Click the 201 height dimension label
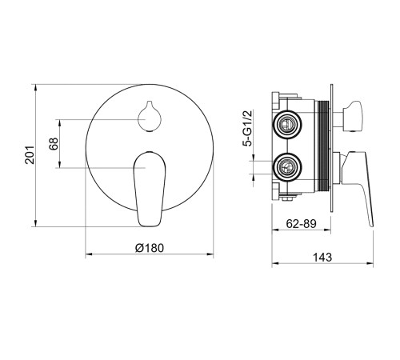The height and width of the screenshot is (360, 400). click(x=30, y=155)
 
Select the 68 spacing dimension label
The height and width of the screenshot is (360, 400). click(x=54, y=144)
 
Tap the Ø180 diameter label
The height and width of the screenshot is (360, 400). click(x=150, y=248)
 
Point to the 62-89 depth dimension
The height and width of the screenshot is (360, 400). click(x=301, y=223)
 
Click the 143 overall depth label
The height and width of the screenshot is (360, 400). click(x=322, y=258)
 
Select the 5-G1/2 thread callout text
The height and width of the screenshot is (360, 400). click(x=247, y=128)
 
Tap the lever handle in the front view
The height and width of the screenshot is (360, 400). click(x=150, y=189)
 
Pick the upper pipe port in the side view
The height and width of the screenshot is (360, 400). click(x=287, y=124)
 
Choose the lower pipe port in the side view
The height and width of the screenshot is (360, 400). click(x=287, y=167)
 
